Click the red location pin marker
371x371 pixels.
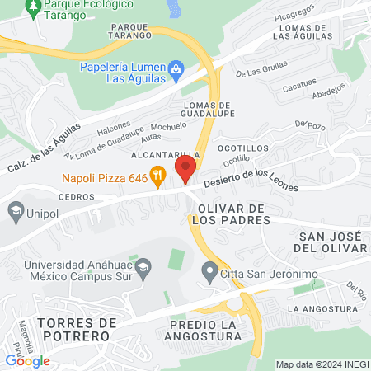185,171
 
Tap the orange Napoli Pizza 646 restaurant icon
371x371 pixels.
160,175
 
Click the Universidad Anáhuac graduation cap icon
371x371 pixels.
143,266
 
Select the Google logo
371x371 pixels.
28,360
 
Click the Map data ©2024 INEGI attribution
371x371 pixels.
321,364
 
